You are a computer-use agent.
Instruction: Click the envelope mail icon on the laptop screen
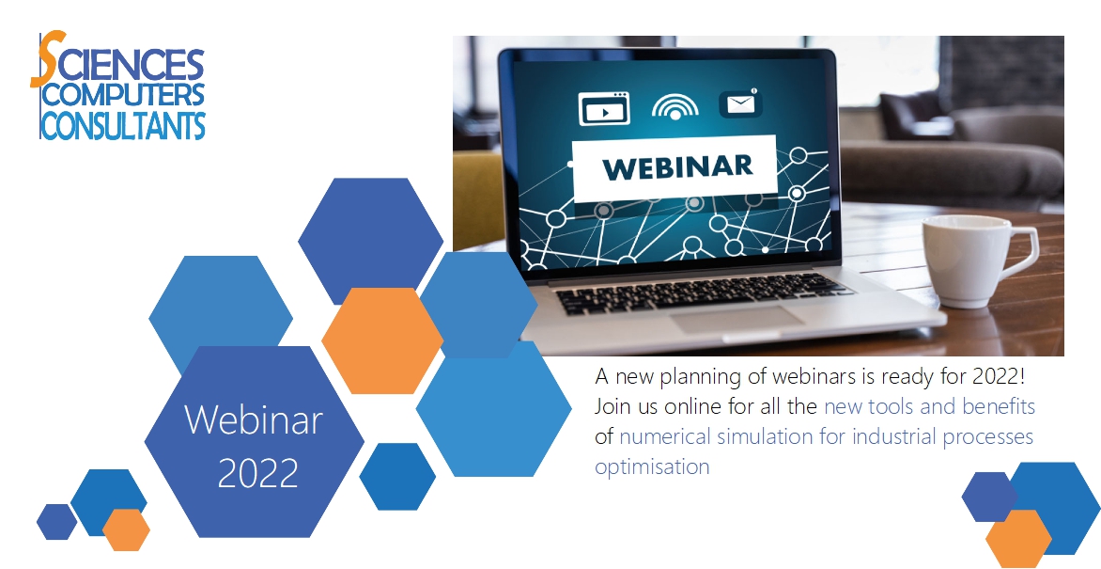pyautogui.click(x=740, y=103)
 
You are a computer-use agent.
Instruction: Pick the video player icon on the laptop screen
pyautogui.click(x=604, y=109)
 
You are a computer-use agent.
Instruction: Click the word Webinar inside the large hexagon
pyautogui.click(x=254, y=419)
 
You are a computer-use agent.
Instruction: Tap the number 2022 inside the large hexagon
pyautogui.click(x=257, y=473)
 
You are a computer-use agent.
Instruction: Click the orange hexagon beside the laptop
pyautogui.click(x=382, y=340)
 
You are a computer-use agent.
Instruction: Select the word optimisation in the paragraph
pyautogui.click(x=652, y=466)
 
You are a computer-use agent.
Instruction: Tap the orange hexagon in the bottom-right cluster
pyautogui.click(x=1018, y=538)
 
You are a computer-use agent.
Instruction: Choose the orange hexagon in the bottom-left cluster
pyautogui.click(x=127, y=529)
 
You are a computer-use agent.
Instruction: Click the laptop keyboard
pyautogui.click(x=702, y=292)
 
